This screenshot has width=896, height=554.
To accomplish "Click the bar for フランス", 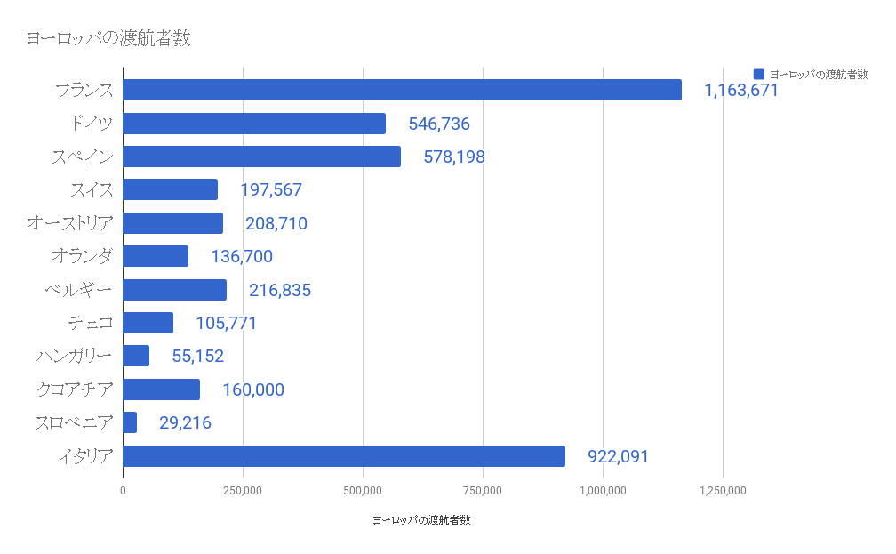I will (x=402, y=90).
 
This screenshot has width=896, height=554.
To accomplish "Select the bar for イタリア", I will (x=344, y=456).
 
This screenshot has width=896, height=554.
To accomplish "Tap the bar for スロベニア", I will (x=130, y=422).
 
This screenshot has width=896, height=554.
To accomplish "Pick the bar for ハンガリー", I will (x=136, y=356).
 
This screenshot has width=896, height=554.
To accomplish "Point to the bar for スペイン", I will (x=261, y=157).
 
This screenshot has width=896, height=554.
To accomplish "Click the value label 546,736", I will (x=439, y=124).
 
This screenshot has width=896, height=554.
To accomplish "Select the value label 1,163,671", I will (x=740, y=90).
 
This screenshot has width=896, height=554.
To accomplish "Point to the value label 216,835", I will (x=280, y=290).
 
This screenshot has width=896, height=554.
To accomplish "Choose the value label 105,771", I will (x=227, y=323).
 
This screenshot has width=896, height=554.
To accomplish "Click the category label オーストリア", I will (x=70, y=222).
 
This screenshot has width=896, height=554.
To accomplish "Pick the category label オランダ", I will (x=83, y=256).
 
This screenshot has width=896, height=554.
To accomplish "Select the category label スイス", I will (x=92, y=189).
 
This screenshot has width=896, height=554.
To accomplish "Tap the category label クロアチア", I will (x=76, y=389).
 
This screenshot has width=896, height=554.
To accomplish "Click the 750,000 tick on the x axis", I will (x=483, y=490).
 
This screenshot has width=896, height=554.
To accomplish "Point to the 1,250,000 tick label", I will (x=723, y=490).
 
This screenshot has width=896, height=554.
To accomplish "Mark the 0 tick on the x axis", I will (x=123, y=490).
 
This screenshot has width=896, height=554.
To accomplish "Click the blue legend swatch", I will (x=758, y=74).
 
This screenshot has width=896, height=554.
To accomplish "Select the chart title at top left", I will (x=108, y=38).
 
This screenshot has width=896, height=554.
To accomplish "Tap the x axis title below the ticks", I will (x=421, y=520).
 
